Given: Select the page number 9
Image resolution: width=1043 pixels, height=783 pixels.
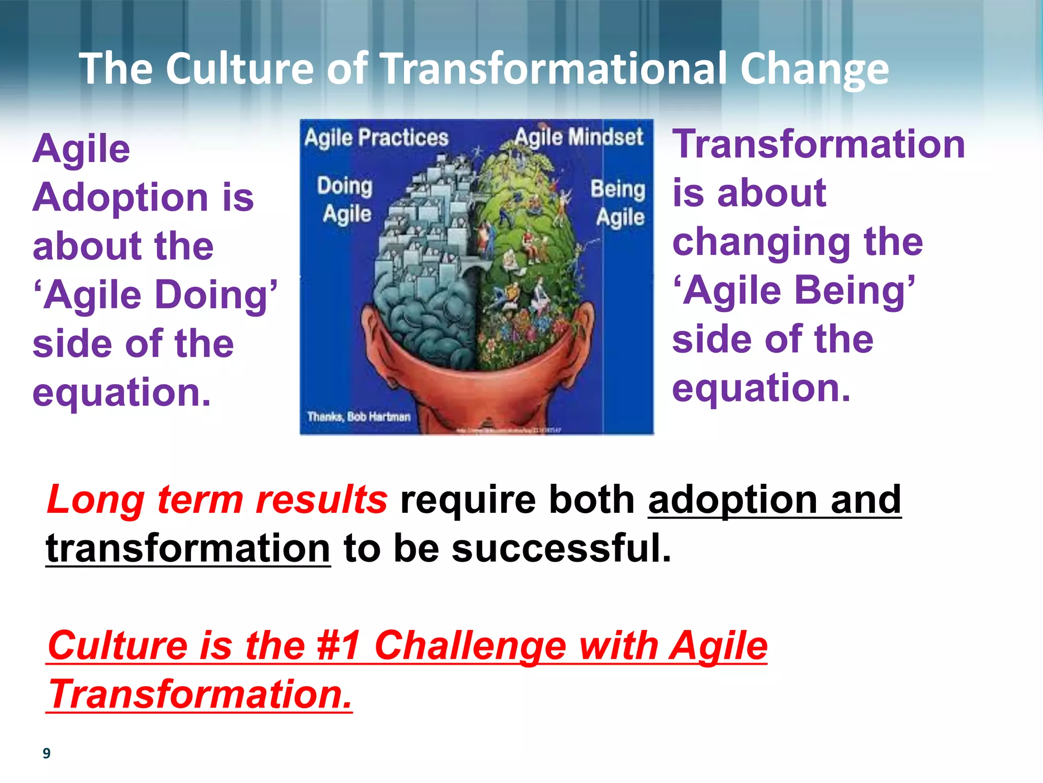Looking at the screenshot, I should [x=46, y=753].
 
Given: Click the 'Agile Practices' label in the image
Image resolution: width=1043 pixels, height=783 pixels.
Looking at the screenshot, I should [x=376, y=138].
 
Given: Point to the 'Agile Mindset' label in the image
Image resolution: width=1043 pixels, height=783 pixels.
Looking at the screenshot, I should [x=579, y=137].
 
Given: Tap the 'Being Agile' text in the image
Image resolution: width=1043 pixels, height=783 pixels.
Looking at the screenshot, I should [x=618, y=203].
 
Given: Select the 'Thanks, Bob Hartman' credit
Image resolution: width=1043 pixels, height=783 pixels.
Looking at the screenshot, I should [x=359, y=416].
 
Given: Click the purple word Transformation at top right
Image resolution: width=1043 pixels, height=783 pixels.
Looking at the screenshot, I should [x=818, y=144].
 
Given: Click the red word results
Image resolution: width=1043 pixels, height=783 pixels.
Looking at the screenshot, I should [x=321, y=500].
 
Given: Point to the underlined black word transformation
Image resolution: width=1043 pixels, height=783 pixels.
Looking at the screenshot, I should [x=188, y=549].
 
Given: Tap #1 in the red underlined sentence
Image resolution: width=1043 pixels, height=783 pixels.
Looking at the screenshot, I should [x=339, y=646].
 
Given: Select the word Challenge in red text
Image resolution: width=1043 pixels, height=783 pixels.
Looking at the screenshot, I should [x=470, y=646].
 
